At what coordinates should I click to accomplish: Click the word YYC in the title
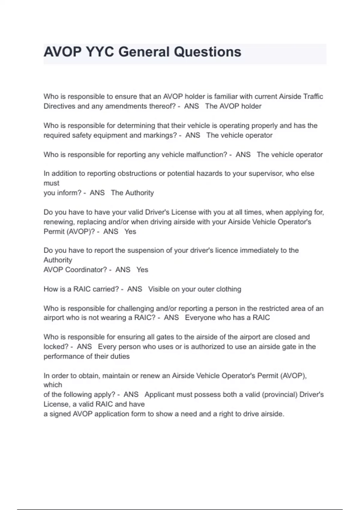click(x=100, y=52)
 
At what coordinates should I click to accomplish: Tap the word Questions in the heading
click(x=208, y=52)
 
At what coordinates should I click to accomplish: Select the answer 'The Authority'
click(x=132, y=193)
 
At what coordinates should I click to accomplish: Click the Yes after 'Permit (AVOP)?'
click(x=130, y=232)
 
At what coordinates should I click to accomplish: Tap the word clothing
click(x=229, y=289)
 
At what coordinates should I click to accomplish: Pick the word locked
click(x=56, y=347)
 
